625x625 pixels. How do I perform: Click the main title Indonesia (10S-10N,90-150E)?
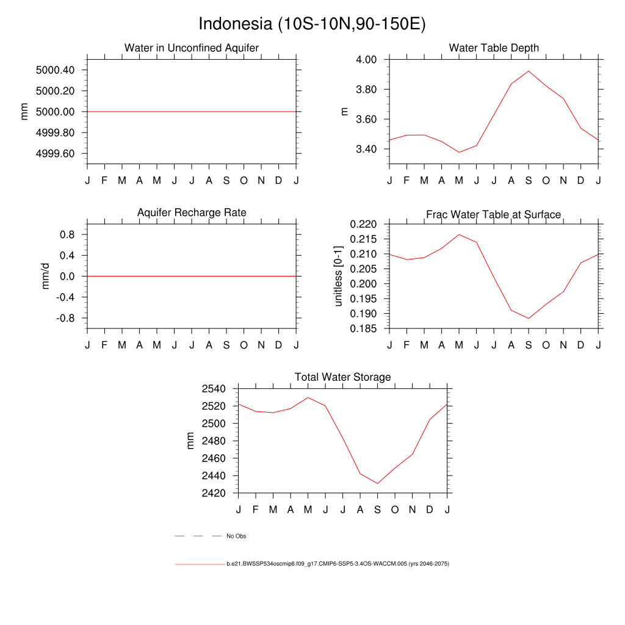pos(312,24)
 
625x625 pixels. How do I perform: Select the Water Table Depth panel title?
pos(494,48)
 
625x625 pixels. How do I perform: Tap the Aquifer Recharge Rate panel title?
pos(192,212)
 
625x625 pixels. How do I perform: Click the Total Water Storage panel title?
pos(342,377)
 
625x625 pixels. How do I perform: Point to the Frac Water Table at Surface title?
pos(493,214)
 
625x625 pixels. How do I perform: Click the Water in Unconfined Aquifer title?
pos(192,48)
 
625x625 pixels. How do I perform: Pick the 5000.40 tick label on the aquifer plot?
pos(56,70)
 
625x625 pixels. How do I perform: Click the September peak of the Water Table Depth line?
pos(529,71)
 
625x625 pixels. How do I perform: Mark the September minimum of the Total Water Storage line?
pos(377,483)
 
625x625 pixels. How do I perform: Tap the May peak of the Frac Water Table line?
pos(459,234)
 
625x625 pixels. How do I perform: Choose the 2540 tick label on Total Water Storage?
pos(214,389)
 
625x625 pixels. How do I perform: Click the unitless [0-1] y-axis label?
pos(339,276)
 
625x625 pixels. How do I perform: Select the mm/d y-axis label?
pos(45,276)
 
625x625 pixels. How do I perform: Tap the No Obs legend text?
pos(236,536)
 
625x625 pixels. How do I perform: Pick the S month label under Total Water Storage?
pos(377,509)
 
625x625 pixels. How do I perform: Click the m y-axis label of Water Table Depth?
pos(344,111)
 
